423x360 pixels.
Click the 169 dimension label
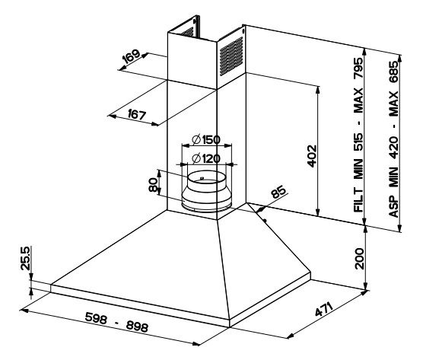131,56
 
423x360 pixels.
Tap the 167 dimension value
137,114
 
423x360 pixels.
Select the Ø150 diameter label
206,139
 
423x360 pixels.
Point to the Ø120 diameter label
206,158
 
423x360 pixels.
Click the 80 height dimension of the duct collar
153,185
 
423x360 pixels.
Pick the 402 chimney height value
312,156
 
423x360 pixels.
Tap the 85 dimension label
278,191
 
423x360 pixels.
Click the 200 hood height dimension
359,259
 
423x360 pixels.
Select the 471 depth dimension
324,309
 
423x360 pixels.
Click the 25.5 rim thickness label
25,258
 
